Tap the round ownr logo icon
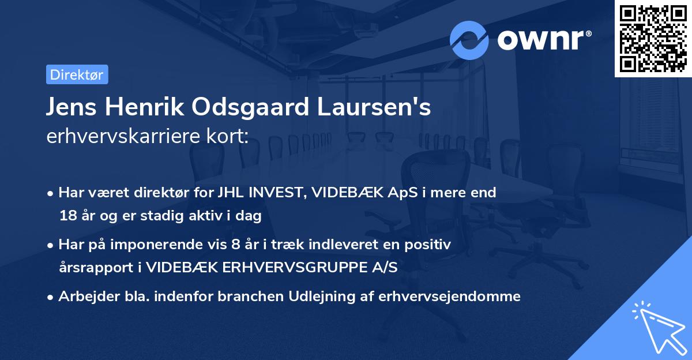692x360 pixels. pyautogui.click(x=470, y=40)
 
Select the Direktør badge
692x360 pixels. pyautogui.click(x=77, y=74)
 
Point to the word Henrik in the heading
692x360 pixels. pyautogui.click(x=137, y=107)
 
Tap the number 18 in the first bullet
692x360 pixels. pyautogui.click(x=67, y=216)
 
